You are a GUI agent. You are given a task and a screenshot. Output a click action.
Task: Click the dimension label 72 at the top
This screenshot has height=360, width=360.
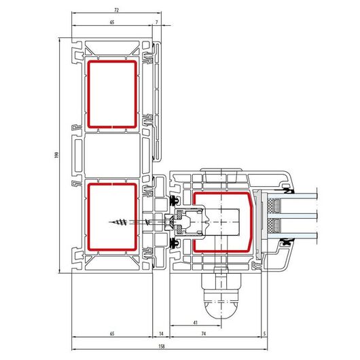[x=116, y=10]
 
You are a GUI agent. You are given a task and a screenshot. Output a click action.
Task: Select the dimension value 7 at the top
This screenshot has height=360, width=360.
[x=157, y=22]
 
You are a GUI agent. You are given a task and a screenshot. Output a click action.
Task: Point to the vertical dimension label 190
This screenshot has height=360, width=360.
[x=56, y=155]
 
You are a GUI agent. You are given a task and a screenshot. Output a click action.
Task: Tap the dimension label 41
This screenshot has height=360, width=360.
[x=196, y=323]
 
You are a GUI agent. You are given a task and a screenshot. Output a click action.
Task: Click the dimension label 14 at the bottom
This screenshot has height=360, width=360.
[x=161, y=334]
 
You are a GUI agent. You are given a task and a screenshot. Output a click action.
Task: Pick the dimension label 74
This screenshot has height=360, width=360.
[x=204, y=334]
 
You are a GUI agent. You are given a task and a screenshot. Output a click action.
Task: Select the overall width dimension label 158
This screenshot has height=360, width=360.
[x=162, y=346]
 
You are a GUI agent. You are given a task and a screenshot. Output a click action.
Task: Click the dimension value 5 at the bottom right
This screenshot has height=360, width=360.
[x=264, y=334]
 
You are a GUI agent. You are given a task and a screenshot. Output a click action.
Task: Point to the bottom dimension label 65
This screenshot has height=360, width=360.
[x=112, y=334]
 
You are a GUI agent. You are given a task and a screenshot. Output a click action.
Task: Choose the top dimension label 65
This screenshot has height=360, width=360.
[x=112, y=22]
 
